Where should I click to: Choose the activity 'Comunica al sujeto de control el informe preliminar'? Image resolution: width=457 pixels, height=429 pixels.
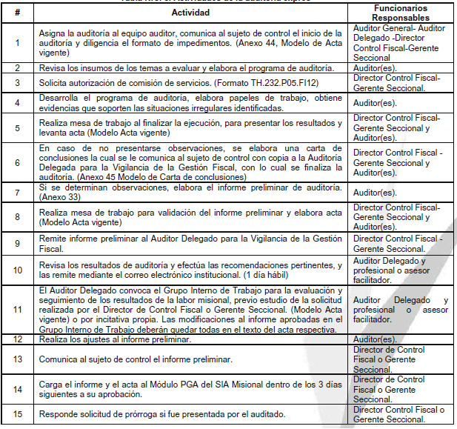click(x=136, y=359)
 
